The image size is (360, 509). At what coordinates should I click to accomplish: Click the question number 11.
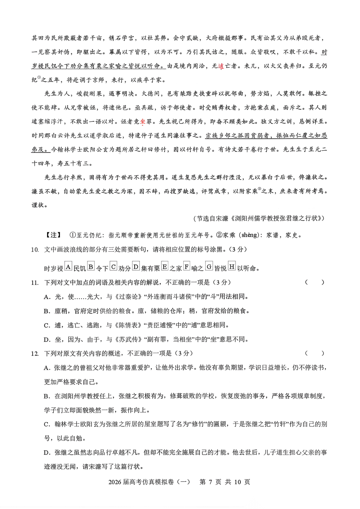coord(35,282)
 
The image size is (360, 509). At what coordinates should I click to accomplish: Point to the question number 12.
coord(35,353)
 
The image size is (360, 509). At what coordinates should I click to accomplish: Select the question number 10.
coord(35,249)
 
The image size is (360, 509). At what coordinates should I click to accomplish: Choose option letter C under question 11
coord(47,325)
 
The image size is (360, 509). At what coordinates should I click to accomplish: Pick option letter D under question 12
coord(47,452)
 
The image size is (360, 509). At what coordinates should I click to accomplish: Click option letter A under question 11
coord(47,297)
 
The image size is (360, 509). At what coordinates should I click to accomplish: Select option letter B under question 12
coord(47,396)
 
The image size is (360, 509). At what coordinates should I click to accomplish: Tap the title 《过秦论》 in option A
coord(126,297)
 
